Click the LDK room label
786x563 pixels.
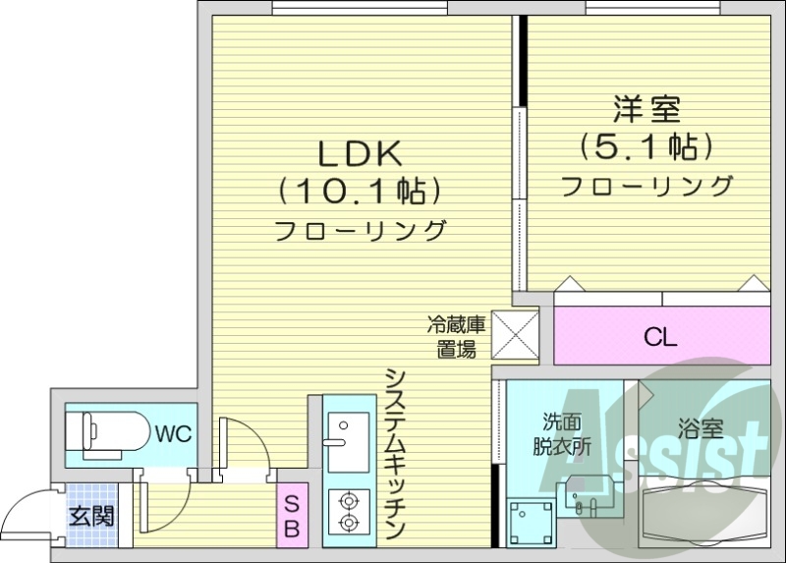pos(359,153)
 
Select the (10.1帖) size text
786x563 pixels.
pos(359,190)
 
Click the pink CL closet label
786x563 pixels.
pos(660,338)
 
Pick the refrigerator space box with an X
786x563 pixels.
pos(515,334)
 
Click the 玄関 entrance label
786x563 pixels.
pos(91,515)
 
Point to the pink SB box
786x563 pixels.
pos(293,515)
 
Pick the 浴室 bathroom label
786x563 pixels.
pos(701,429)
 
